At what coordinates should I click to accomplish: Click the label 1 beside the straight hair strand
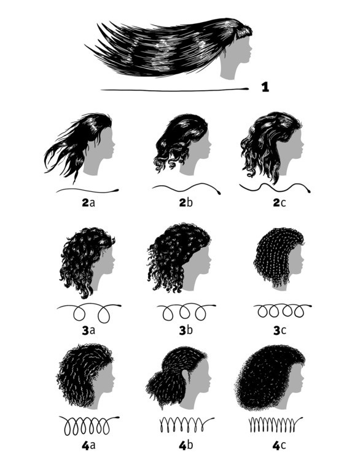[x=265, y=87]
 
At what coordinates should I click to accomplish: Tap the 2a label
[x=88, y=203]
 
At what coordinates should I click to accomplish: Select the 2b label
[x=186, y=202]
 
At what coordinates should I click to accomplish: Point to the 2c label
[x=279, y=203]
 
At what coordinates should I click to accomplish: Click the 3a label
[x=88, y=330]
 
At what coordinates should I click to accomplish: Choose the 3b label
[x=186, y=330]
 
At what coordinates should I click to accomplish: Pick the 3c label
[x=279, y=330]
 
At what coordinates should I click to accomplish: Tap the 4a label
[x=88, y=446]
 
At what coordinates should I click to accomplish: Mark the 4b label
[x=186, y=445]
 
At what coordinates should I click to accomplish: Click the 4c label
[x=279, y=446]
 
